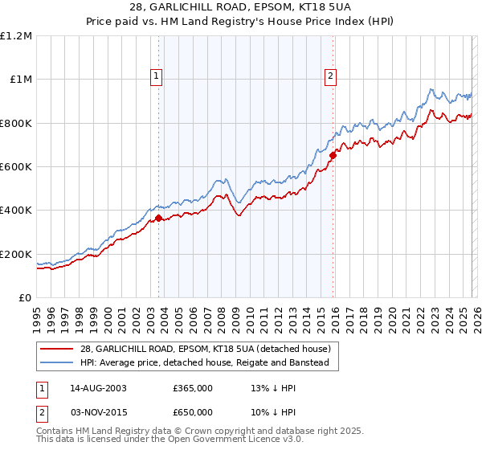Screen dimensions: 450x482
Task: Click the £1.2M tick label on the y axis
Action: (x=16, y=35)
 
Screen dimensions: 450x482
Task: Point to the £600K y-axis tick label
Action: (x=16, y=166)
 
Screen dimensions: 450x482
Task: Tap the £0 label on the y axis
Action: (x=25, y=297)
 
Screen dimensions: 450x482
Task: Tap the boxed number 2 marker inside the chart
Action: (x=330, y=76)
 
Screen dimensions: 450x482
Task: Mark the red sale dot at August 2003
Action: (x=158, y=218)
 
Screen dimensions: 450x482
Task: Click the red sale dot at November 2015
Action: (x=333, y=156)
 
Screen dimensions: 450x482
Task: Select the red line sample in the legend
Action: (x=57, y=349)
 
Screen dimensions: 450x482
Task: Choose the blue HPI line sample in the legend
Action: (x=57, y=363)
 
